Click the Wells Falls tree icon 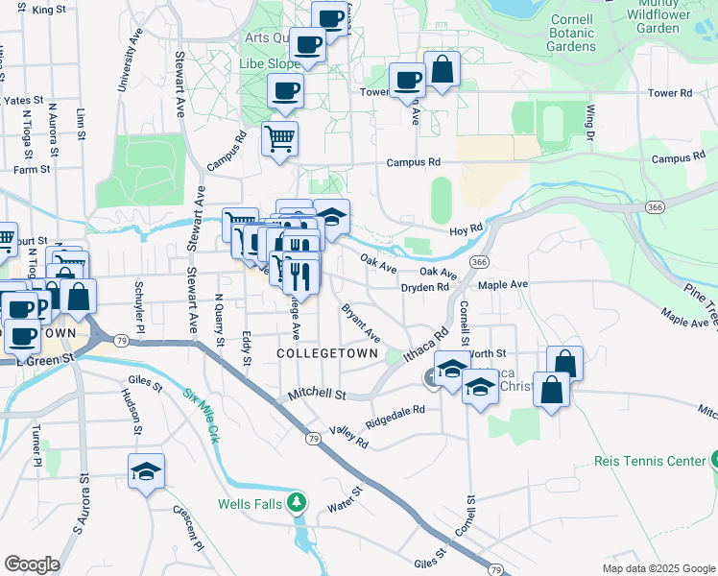click(299, 502)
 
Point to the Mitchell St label click(318, 395)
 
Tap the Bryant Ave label click(361, 324)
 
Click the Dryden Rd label click(425, 287)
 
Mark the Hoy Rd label click(465, 231)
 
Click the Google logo click(33, 564)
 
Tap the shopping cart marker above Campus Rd click(279, 138)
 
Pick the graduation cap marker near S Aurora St click(146, 471)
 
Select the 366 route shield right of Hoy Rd click(655, 207)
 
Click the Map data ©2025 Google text click(658, 567)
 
